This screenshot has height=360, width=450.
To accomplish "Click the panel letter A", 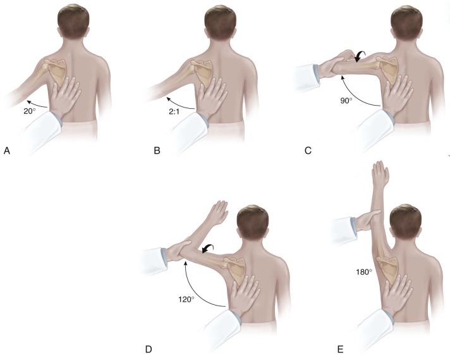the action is click(x=7, y=151).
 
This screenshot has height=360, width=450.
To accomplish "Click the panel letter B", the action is click(x=157, y=151).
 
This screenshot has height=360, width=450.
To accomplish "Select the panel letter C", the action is click(x=308, y=151).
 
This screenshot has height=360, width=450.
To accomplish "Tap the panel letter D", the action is click(x=149, y=349).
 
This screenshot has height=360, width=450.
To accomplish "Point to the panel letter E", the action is click(x=341, y=349).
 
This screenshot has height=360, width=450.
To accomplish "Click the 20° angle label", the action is click(x=29, y=111).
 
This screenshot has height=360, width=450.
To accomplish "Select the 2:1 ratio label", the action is click(x=174, y=111).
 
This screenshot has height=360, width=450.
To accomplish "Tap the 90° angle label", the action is click(x=346, y=101).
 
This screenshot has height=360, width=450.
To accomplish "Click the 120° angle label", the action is click(x=186, y=300).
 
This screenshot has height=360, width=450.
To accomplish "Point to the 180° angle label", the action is click(x=364, y=272).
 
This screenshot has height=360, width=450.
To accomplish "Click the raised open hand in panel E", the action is click(x=380, y=173).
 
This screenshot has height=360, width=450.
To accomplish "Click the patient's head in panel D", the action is click(x=253, y=223).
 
